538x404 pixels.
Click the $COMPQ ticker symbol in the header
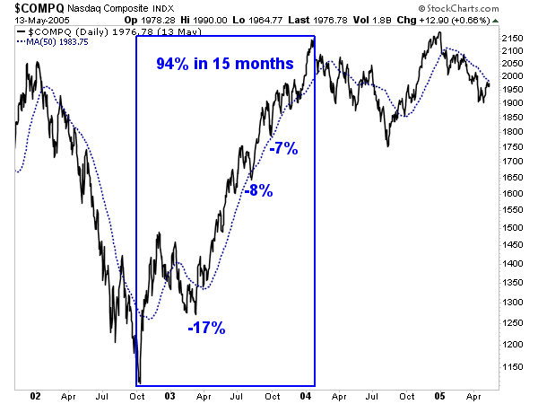click(x=37, y=7)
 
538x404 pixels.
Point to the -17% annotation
click(x=206, y=328)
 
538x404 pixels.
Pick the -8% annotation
click(x=256, y=189)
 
